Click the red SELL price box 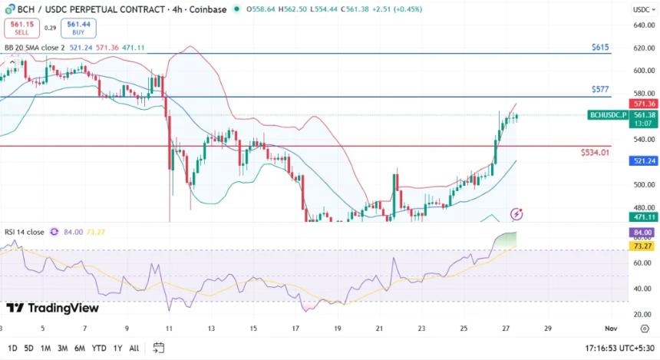click(x=21, y=28)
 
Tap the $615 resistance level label click(x=600, y=48)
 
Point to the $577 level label click(x=600, y=90)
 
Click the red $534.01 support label click(x=595, y=153)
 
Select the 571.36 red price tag click(x=642, y=104)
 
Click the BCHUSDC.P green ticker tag click(x=607, y=115)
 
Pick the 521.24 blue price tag click(x=642, y=161)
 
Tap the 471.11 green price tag click(x=642, y=217)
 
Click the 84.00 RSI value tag click(x=642, y=233)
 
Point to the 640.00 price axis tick click(x=643, y=25)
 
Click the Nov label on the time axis click(x=611, y=328)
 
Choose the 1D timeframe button click(x=12, y=348)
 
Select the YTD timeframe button click(x=98, y=348)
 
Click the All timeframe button click(x=134, y=348)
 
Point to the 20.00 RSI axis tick click(x=643, y=314)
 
